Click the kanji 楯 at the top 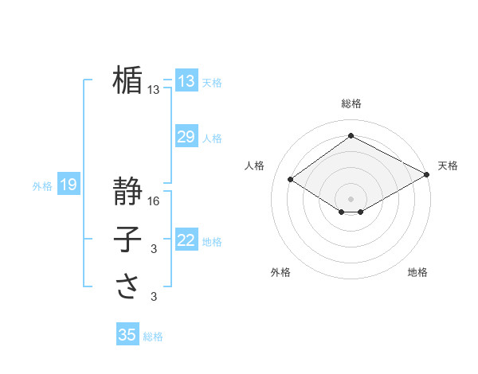pyautogui.click(x=127, y=80)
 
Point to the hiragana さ pyautogui.click(x=127, y=286)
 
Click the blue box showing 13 pyautogui.click(x=186, y=81)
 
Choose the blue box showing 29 pyautogui.click(x=186, y=137)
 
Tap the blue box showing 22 pyautogui.click(x=186, y=240)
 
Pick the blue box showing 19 pyautogui.click(x=68, y=185)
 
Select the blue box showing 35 pyautogui.click(x=127, y=335)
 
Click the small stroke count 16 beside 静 pyautogui.click(x=154, y=201)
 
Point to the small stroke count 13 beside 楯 pyautogui.click(x=154, y=90)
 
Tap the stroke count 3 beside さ pyautogui.click(x=154, y=297)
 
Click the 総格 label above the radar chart pyautogui.click(x=351, y=103)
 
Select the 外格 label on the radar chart pyautogui.click(x=280, y=272)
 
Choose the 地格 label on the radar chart pyautogui.click(x=417, y=272)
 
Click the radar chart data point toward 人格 pyautogui.click(x=291, y=179)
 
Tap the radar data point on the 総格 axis pyautogui.click(x=351, y=136)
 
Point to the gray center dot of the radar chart pyautogui.click(x=351, y=198)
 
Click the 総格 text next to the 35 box pyautogui.click(x=153, y=337)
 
